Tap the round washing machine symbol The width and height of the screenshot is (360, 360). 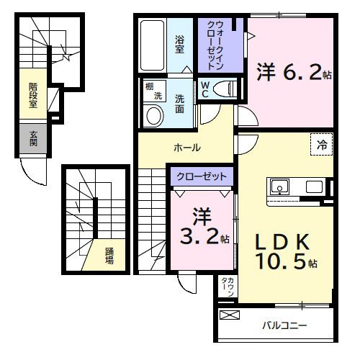[x=153, y=115]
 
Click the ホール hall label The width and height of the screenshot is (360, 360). [x=186, y=148]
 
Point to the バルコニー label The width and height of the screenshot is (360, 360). [x=284, y=325]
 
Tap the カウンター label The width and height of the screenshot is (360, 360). [x=225, y=289]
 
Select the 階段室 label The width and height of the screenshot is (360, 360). [x=33, y=95]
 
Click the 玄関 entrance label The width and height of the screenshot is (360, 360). [x=33, y=138]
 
